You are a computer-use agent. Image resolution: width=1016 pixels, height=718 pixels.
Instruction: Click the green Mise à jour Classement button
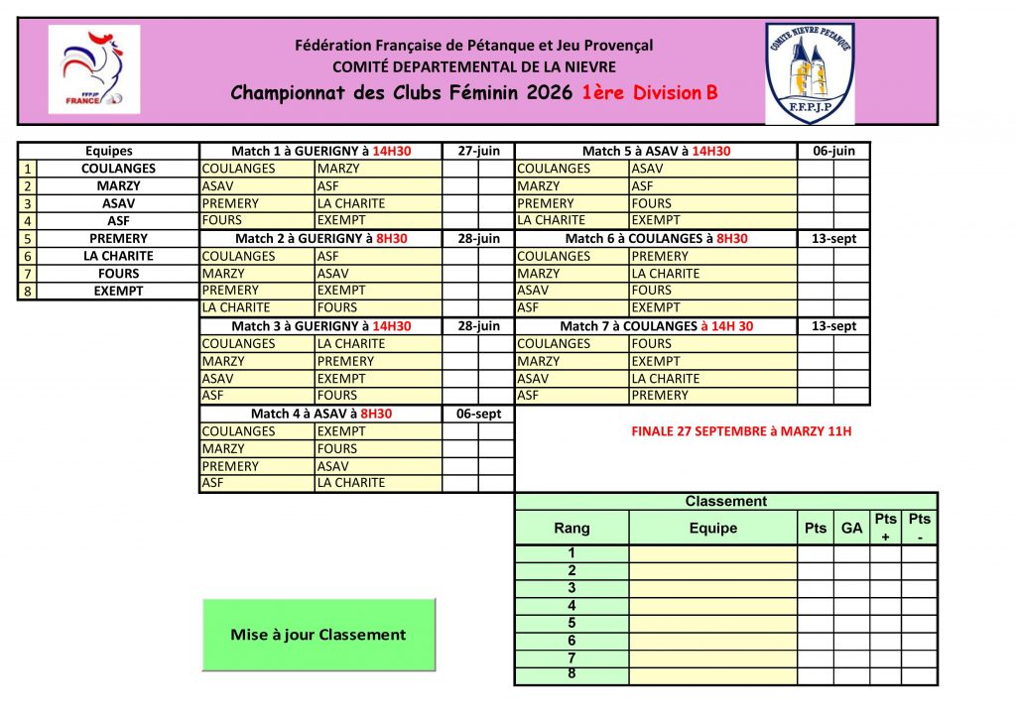318,635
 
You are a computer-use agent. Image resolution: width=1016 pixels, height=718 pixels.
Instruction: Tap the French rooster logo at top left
94,69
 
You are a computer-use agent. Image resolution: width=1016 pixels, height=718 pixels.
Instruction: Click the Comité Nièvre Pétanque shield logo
810,72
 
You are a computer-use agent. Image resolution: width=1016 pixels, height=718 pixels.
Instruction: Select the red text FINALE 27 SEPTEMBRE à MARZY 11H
741,431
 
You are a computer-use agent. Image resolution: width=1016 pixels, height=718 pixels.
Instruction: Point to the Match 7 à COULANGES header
656,326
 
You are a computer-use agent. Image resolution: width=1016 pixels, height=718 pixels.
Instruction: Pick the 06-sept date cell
478,414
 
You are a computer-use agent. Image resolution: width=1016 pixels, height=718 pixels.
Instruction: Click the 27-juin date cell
478,151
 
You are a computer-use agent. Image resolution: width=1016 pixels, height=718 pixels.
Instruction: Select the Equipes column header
109,151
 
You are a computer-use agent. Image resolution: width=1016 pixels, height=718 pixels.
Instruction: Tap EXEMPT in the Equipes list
119,292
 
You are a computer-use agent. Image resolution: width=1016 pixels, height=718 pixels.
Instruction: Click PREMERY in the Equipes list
119,239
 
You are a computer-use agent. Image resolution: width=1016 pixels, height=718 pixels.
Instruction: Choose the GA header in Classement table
851,529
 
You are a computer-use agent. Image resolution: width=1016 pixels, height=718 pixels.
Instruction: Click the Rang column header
571,529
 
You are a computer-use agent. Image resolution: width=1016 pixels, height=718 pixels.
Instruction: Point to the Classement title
725,502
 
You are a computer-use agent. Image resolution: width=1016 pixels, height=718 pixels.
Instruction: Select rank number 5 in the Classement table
571,623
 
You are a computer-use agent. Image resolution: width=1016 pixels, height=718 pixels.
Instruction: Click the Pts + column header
885,528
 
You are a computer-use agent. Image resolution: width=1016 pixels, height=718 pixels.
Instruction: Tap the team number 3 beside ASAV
28,203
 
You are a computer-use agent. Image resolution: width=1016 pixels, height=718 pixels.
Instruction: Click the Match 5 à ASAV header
656,151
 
